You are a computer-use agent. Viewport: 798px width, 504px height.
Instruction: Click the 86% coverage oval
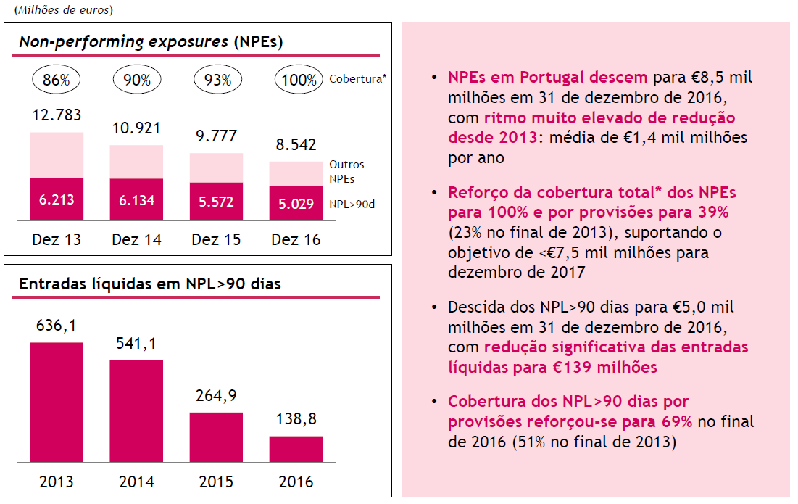(x=56, y=80)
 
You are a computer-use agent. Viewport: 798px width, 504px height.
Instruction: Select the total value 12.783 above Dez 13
(x=57, y=115)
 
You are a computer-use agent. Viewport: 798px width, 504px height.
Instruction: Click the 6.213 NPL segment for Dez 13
(x=57, y=199)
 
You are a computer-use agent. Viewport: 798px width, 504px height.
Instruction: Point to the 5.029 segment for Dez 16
(x=296, y=204)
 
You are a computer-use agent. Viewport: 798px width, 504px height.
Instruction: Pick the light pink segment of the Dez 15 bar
(x=216, y=168)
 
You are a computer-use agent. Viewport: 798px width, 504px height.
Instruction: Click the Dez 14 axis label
(x=136, y=239)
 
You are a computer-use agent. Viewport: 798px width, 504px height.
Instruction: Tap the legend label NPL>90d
(x=353, y=205)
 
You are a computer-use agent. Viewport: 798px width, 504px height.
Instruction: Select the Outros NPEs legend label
(x=346, y=171)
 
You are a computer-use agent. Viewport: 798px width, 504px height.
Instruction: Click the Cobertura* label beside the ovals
(x=357, y=78)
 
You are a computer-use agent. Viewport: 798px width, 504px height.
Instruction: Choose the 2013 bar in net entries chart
(x=57, y=402)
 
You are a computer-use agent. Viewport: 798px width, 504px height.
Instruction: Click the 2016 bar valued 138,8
(x=296, y=449)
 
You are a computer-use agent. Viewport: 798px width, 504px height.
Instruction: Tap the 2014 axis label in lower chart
(x=136, y=482)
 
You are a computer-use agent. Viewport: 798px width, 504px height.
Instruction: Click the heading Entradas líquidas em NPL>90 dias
(x=150, y=284)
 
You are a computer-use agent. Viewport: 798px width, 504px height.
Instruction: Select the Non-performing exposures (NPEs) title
(x=151, y=42)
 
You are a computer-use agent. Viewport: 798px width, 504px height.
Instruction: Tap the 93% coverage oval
(x=216, y=80)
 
